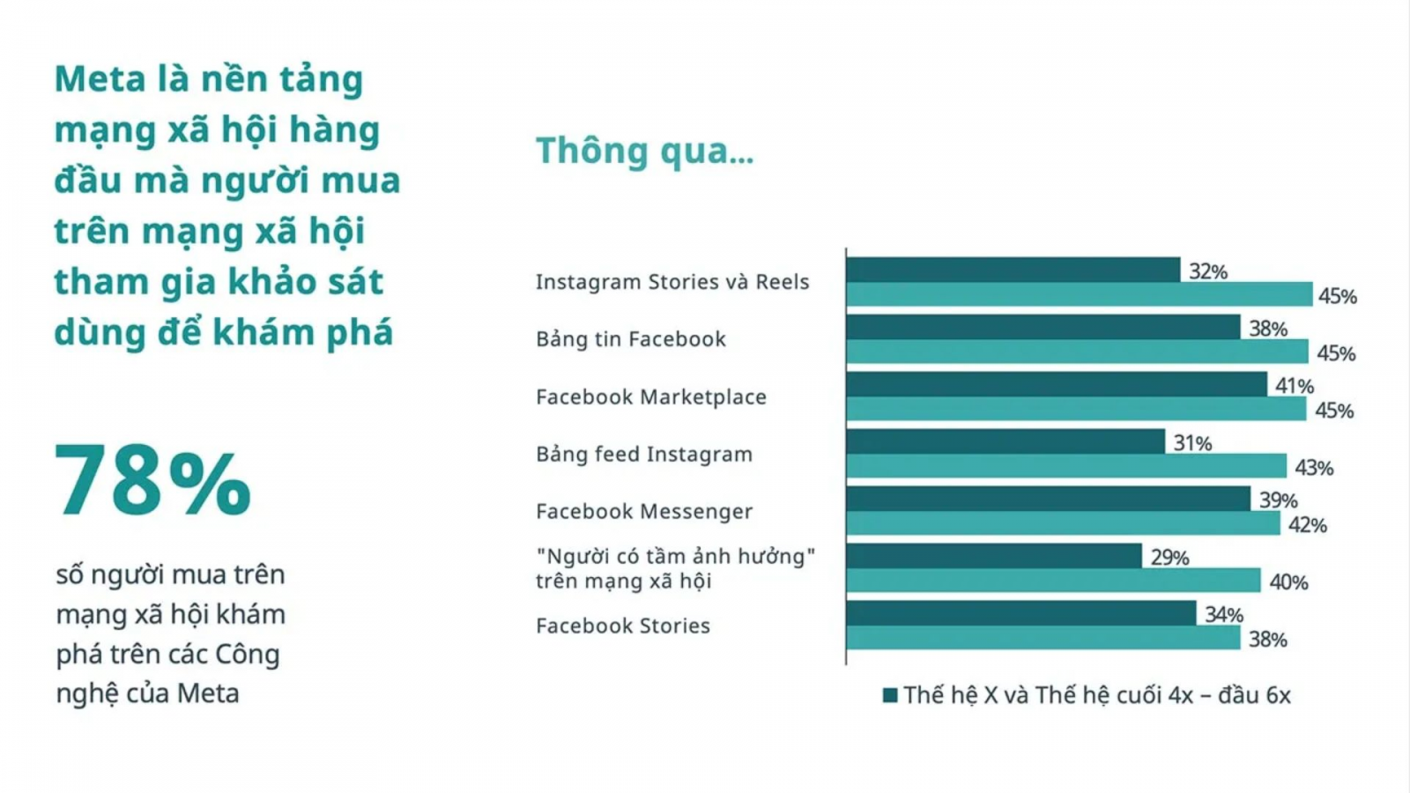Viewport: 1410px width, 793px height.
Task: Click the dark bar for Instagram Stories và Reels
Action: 1013,270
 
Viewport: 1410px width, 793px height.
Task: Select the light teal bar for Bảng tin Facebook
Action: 1078,352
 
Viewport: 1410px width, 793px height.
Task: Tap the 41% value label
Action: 1295,386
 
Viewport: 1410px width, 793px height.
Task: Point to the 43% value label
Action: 1314,468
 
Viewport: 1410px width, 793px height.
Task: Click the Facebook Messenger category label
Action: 644,511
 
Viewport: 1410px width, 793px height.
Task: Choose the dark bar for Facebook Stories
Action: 1021,613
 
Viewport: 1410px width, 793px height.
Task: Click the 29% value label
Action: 1170,558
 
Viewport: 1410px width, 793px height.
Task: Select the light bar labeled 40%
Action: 1054,581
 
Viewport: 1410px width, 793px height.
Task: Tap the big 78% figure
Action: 153,481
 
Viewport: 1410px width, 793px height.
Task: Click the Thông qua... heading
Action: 644,151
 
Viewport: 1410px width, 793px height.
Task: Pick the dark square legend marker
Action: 890,695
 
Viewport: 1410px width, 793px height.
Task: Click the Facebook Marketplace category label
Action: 651,397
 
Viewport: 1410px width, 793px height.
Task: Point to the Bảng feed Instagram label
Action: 644,454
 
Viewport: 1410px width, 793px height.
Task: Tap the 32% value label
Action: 1208,272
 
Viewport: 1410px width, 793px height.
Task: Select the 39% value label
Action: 1279,500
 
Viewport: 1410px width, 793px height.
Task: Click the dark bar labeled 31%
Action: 1006,441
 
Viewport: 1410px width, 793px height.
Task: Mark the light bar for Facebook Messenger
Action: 1063,523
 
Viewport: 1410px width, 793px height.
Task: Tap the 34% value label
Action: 1224,615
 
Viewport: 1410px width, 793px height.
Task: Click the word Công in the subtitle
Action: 248,655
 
